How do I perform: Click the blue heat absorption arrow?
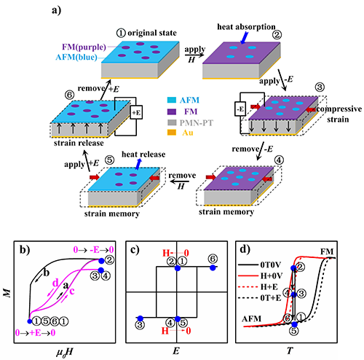coord(245,38)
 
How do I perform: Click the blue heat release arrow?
coord(138,164)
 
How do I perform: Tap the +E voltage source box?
coord(136,112)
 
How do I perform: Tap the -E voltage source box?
coord(240,109)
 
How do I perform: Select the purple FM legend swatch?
coord(172,111)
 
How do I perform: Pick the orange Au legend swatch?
coord(172,133)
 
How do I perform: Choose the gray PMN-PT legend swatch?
coord(172,122)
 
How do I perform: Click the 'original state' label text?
coord(152,33)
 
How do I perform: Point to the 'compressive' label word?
coord(339,109)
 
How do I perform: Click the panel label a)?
coord(57,10)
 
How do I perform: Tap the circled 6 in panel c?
coord(213,259)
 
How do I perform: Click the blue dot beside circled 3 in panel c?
coord(140,318)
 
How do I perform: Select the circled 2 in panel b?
coord(109,260)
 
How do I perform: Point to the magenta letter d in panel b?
coord(55,283)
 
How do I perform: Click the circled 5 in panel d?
coord(294,331)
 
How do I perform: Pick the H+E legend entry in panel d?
coord(269,287)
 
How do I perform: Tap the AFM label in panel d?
coord(251,318)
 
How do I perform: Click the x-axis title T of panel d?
coord(290,351)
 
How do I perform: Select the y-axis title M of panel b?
coord(7,293)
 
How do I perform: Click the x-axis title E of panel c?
coord(176,351)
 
